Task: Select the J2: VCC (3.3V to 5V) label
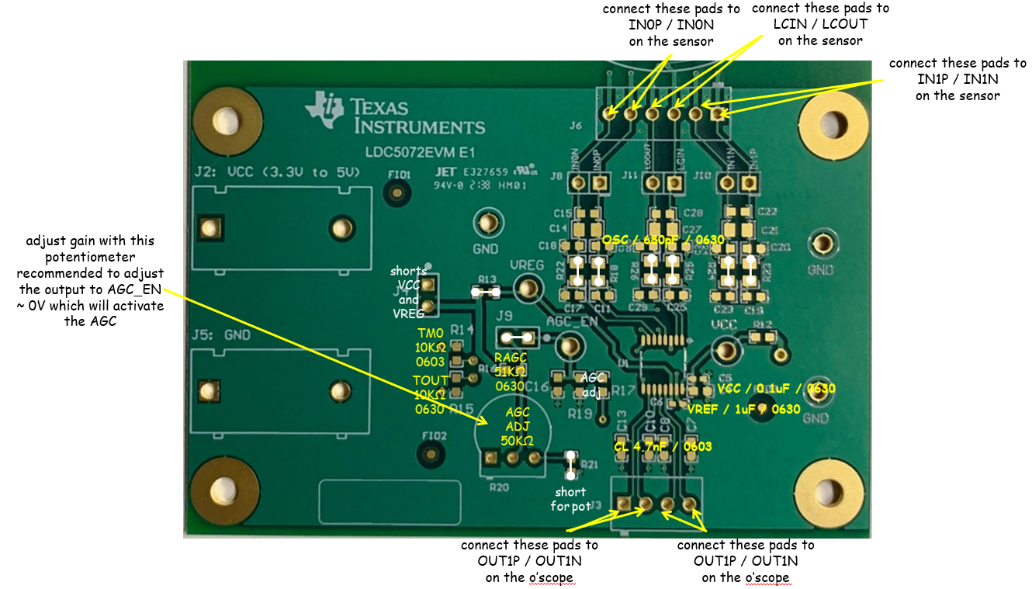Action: (276, 172)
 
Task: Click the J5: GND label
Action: (220, 337)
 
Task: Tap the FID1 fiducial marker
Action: (398, 190)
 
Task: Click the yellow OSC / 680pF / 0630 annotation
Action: (663, 241)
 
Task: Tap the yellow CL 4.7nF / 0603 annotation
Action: (662, 446)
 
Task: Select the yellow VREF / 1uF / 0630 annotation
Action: (743, 409)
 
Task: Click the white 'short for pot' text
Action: (570, 499)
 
